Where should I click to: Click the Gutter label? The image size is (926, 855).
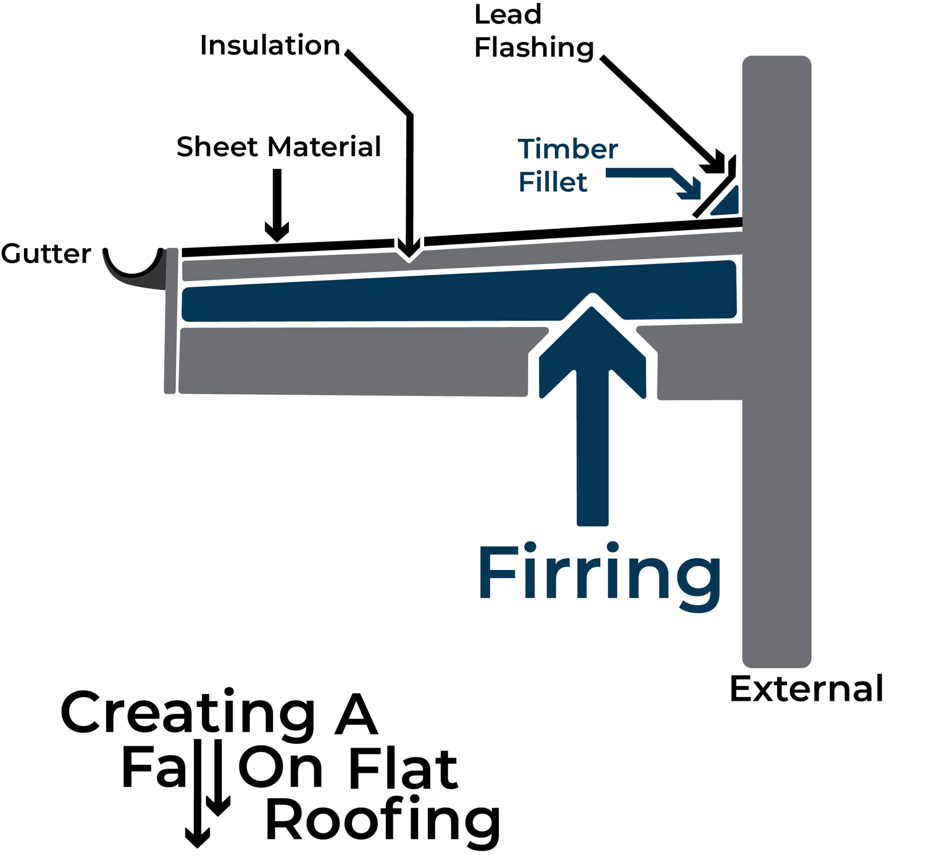(x=46, y=254)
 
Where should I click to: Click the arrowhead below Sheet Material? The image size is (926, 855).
(x=277, y=231)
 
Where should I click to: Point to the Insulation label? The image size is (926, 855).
(x=270, y=45)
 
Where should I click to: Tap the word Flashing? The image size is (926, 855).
(x=534, y=48)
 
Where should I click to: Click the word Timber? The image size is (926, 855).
(x=568, y=149)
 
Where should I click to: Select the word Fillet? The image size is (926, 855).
(x=553, y=181)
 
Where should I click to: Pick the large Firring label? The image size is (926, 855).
(x=599, y=576)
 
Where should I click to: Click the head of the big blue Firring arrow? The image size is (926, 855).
(x=592, y=345)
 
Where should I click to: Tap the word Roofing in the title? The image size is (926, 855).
(x=383, y=820)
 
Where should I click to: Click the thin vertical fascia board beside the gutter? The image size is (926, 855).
(x=171, y=321)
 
